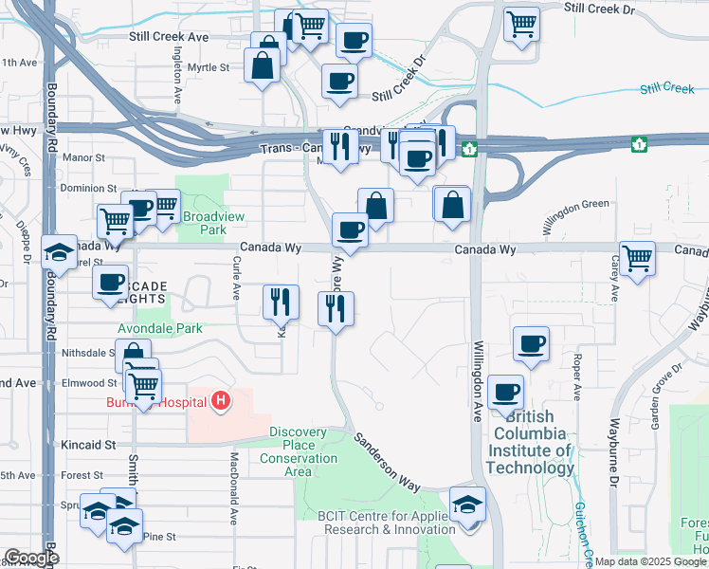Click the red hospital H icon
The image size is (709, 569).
[221, 402]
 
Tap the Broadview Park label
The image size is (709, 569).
[213, 223]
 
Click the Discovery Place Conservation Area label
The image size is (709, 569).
[299, 445]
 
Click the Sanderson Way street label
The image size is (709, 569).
[388, 462]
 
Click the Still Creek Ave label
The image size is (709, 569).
[169, 37]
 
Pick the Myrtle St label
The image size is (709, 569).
[208, 67]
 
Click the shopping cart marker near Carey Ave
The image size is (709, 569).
[637, 257]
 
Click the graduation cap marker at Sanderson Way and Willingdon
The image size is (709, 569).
[467, 503]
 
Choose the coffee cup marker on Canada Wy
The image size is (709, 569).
[350, 229]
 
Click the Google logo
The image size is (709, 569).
[31, 558]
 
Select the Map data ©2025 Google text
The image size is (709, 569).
[650, 561]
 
